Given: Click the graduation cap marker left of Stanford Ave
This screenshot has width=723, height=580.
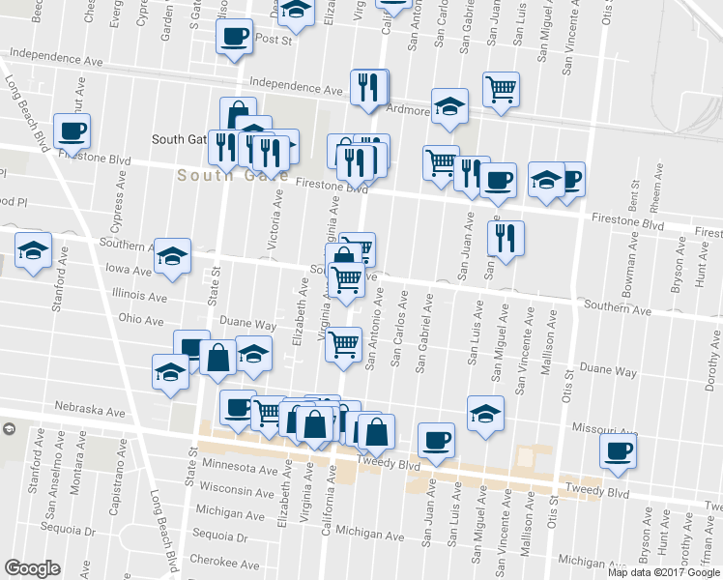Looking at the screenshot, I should (x=34, y=252).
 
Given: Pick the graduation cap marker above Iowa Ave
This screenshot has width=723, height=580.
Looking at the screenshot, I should (x=172, y=256).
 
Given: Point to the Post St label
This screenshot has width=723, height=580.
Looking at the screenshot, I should (x=275, y=40).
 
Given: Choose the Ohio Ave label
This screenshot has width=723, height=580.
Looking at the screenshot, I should (x=141, y=318).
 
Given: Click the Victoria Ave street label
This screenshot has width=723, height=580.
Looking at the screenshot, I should (x=275, y=220).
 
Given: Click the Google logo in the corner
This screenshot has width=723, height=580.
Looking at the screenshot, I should (x=32, y=567).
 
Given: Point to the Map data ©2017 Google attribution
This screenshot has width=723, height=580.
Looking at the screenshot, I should (x=663, y=572).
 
